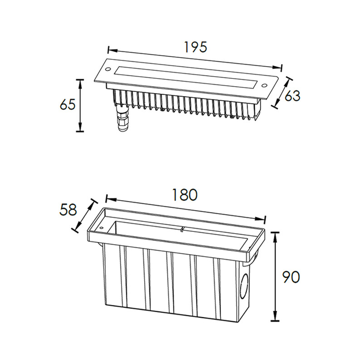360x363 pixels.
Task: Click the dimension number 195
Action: pyautogui.click(x=195, y=47)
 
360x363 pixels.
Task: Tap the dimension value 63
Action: pyautogui.click(x=292, y=96)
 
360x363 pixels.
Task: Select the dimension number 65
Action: pyautogui.click(x=68, y=104)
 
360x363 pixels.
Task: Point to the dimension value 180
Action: pyautogui.click(x=185, y=195)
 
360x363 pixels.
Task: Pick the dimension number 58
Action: pyautogui.click(x=68, y=210)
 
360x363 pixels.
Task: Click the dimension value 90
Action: pyautogui.click(x=291, y=277)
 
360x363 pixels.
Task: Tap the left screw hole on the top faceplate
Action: pyautogui.click(x=108, y=69)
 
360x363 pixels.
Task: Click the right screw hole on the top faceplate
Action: pyautogui.click(x=264, y=86)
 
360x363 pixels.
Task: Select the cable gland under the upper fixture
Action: pyautogui.click(x=122, y=118)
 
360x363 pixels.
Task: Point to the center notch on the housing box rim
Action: pyautogui.click(x=183, y=229)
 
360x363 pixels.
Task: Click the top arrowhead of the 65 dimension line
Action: pyautogui.click(x=80, y=84)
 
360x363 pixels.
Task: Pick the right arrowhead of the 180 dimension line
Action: pyautogui.click(x=260, y=219)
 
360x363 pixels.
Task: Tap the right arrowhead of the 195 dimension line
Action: pyautogui.click(x=277, y=67)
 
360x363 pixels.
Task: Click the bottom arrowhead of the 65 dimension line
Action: pyautogui.click(x=80, y=127)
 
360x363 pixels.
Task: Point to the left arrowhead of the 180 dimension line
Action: pyautogui.click(x=111, y=199)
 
